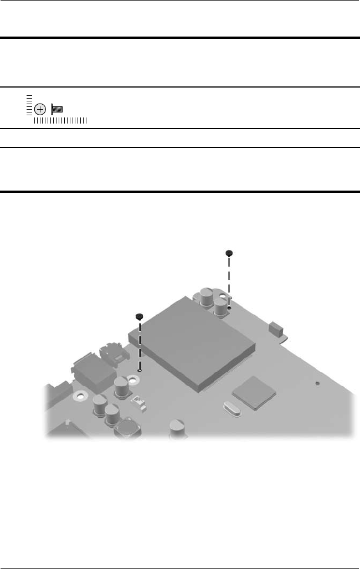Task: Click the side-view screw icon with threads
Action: point(56,109)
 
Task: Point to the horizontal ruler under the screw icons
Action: point(60,120)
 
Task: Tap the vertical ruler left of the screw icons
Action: point(28,105)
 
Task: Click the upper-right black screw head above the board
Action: point(229,253)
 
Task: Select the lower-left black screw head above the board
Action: point(140,316)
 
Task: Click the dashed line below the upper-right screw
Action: point(229,280)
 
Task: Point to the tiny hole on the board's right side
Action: point(317,382)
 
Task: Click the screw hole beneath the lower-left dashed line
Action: point(140,370)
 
